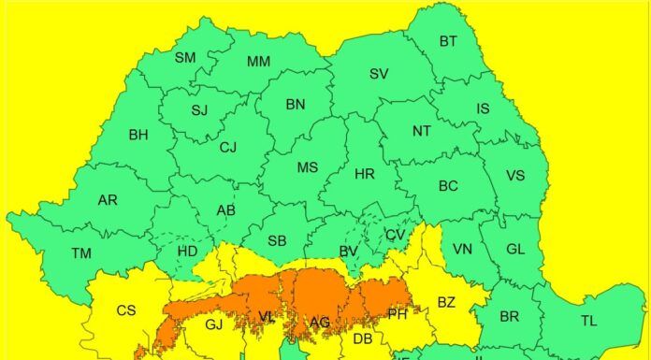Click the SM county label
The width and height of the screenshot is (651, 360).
[x=185, y=58]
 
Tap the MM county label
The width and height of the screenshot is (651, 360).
[x=258, y=62]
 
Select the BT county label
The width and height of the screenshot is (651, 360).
[x=448, y=41]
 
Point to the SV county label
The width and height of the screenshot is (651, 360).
[x=378, y=74]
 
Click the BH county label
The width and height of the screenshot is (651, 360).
[x=138, y=135]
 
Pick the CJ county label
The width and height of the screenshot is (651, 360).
[x=228, y=147]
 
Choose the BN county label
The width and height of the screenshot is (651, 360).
[x=296, y=104]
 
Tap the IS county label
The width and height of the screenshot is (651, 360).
[x=483, y=109]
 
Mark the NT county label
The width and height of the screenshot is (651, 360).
[x=421, y=131]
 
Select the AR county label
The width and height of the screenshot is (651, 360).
[x=108, y=200]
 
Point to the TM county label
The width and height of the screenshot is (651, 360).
[x=81, y=252]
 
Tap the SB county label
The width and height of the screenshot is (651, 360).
[x=277, y=240]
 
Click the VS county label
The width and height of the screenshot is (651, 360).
[x=514, y=176]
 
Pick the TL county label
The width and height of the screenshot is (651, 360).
[x=588, y=321]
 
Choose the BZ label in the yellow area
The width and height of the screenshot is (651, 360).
[x=445, y=302]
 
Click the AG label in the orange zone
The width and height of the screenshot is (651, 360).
[x=320, y=323]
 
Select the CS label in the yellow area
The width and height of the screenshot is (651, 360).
[x=126, y=310]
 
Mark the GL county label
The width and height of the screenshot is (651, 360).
[x=515, y=249]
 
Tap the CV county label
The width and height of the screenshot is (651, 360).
[x=395, y=235]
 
